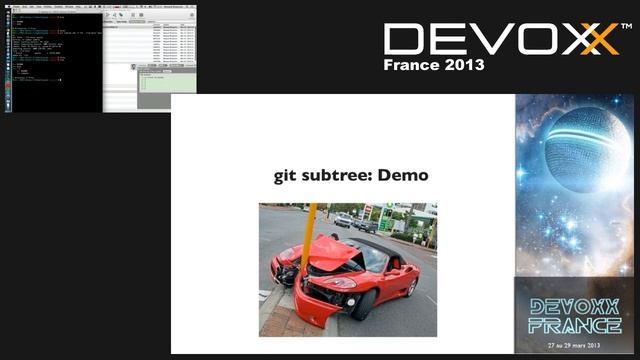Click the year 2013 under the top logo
(x=463, y=65)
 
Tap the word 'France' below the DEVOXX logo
(x=411, y=65)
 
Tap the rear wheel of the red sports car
(x=411, y=286)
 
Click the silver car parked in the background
(x=342, y=219)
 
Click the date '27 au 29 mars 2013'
(x=574, y=346)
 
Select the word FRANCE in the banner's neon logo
(x=574, y=325)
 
